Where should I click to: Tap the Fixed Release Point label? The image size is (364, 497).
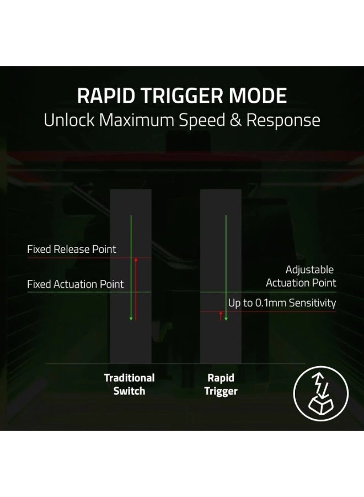click(x=72, y=249)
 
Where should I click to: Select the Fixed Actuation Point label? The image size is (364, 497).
click(x=76, y=284)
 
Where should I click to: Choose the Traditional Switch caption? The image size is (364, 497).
click(x=129, y=384)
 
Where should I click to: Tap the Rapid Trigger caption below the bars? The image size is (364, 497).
click(x=221, y=384)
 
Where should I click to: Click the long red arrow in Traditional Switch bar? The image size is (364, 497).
click(x=135, y=287)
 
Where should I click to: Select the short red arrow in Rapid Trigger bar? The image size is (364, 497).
click(x=221, y=316)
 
